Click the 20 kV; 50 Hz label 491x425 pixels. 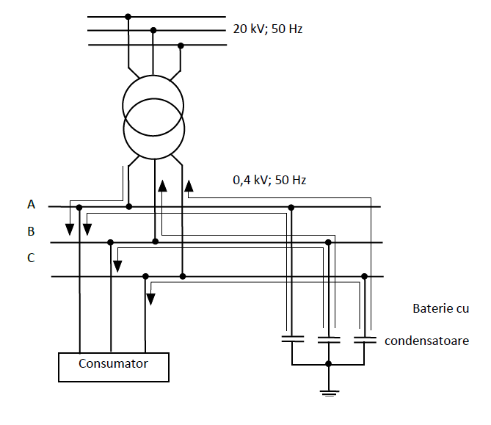point(267,30)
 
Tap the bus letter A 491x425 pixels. point(31,205)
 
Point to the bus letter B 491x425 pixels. point(31,231)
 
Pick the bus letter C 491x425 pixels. point(30,258)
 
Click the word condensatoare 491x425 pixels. point(426,341)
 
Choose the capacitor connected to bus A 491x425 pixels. point(292,340)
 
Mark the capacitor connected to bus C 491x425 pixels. point(365,340)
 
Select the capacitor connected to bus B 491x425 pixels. point(329,340)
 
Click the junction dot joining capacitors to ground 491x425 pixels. point(329,364)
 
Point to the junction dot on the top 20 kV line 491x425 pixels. point(128,16)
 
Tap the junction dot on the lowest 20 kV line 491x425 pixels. point(181,46)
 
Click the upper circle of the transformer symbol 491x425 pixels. point(153,100)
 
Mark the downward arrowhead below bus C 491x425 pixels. point(150,299)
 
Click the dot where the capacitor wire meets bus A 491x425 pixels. point(292,207)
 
